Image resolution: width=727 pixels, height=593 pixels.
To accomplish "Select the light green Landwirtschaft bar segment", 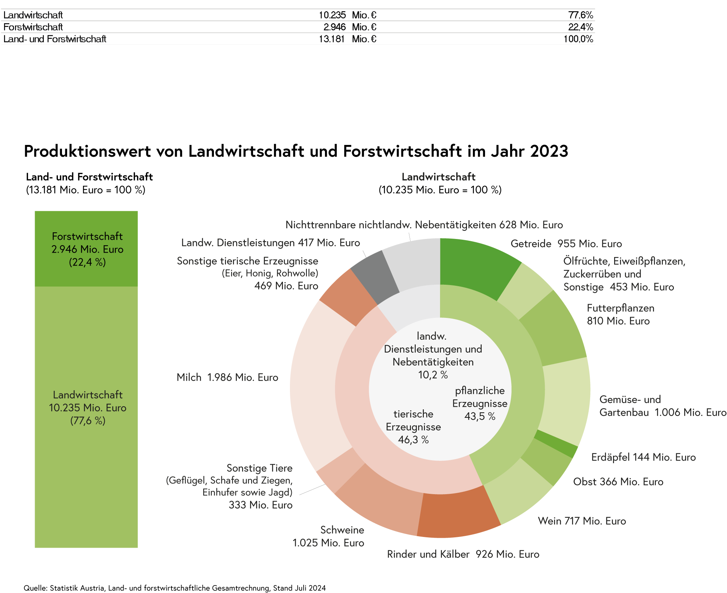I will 86,479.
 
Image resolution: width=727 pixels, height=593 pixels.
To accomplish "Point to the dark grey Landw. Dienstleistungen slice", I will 374,275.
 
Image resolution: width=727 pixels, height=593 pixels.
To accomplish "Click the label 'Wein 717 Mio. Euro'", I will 582,521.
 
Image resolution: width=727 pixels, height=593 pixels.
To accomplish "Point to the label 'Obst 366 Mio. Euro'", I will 618,482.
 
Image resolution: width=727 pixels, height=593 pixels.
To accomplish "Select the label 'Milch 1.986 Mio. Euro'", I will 227,377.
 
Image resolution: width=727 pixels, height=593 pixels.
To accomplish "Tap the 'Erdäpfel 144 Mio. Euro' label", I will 643,457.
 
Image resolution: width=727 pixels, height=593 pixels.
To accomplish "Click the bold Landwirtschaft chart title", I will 438,177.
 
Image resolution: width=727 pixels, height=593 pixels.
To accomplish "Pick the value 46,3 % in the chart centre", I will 413,440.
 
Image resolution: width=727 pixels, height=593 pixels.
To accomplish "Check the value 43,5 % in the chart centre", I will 480,416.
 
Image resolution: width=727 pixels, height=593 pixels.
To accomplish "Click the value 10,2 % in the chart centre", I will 433,375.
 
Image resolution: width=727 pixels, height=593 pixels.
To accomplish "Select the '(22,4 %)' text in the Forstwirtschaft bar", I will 87,262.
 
